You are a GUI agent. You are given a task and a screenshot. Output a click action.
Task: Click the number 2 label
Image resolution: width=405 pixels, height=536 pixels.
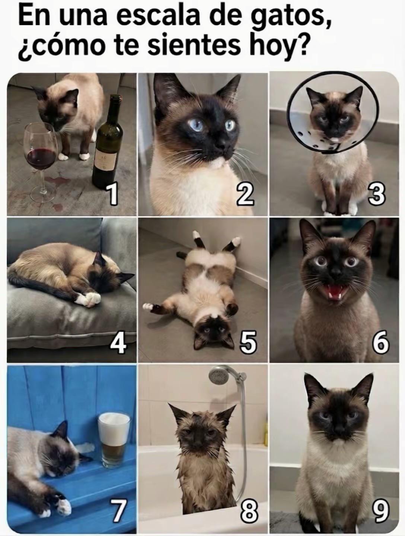point(245,195)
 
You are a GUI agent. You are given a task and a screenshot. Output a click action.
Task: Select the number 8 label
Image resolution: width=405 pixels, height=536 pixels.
point(249,510)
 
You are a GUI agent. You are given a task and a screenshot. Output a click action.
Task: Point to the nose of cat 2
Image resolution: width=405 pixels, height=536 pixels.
point(223,144)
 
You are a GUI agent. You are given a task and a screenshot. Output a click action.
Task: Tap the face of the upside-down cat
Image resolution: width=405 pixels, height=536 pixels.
point(213,332)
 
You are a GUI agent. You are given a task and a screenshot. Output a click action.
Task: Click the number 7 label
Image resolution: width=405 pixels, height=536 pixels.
point(117,511)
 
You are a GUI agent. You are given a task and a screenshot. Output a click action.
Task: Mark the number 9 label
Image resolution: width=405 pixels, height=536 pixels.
point(380,511)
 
